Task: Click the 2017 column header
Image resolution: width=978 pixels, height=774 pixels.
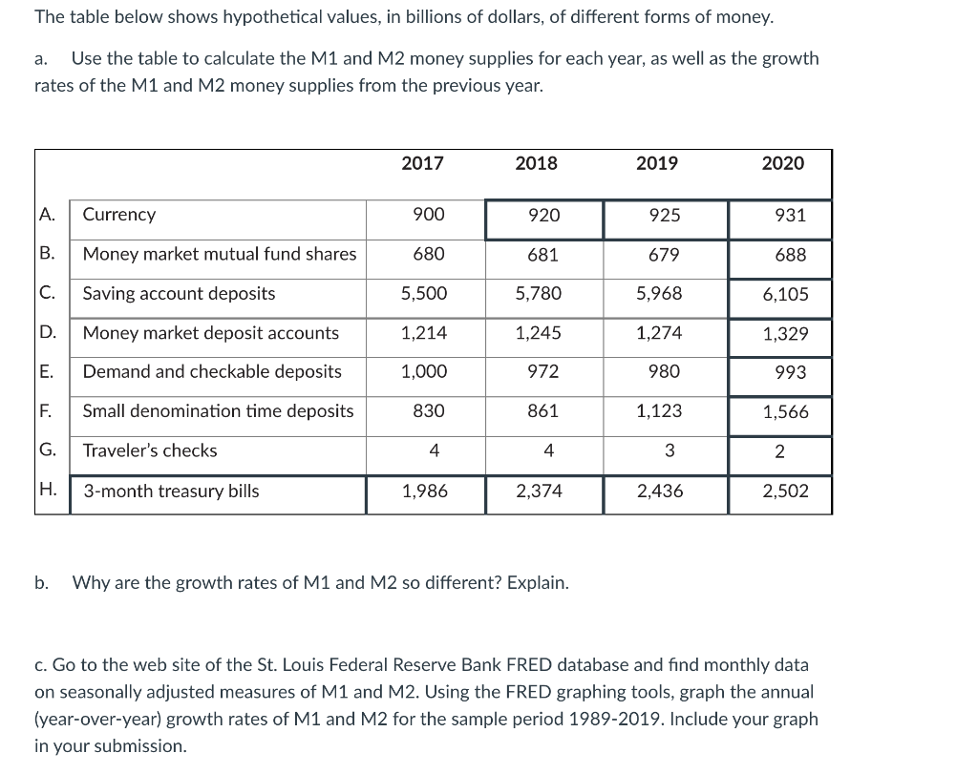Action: (x=422, y=163)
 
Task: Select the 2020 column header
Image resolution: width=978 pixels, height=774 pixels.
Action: (x=782, y=163)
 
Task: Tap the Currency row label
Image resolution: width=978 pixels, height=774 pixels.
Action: (x=119, y=215)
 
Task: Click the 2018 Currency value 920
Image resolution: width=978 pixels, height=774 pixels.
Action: (x=543, y=216)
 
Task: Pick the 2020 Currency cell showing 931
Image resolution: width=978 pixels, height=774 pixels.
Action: (x=790, y=216)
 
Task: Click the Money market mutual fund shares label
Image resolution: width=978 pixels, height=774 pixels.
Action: (x=220, y=254)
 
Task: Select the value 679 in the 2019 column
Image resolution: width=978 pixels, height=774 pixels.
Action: (x=664, y=255)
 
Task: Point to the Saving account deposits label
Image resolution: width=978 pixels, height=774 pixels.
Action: (x=179, y=293)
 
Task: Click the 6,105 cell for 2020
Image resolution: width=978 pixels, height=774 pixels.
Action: (x=785, y=295)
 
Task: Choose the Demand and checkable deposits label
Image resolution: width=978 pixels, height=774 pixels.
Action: (x=212, y=371)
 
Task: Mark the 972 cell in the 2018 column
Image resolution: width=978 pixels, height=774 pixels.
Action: (x=543, y=372)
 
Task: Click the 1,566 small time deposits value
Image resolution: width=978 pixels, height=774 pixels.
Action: (x=785, y=412)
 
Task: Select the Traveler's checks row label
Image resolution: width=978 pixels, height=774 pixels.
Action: (x=150, y=450)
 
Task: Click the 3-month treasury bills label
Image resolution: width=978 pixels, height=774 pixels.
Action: (x=171, y=492)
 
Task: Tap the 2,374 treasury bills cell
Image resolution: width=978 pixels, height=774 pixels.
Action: (x=539, y=492)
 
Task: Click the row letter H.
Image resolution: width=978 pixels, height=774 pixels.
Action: (x=46, y=491)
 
